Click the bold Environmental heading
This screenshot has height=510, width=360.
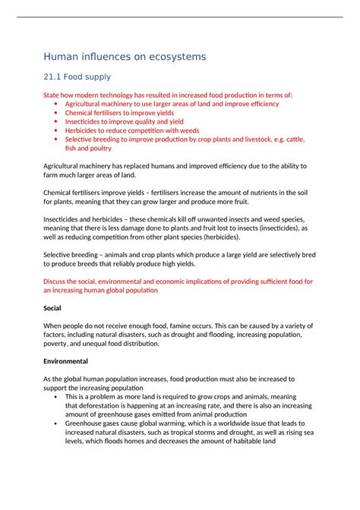point(65,360)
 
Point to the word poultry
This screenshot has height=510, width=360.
point(94,148)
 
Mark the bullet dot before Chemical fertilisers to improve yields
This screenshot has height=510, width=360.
point(57,113)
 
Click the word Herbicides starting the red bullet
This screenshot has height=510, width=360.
point(84,130)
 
